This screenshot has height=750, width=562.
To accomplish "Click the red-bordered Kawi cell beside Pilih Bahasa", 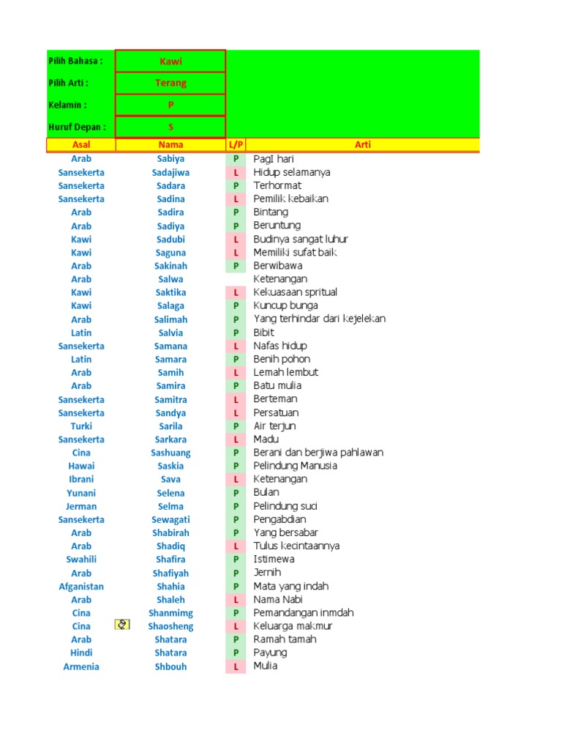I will click(x=171, y=62).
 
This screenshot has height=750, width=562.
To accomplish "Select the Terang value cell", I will click(x=171, y=83).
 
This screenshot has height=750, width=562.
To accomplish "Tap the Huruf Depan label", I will click(x=77, y=127).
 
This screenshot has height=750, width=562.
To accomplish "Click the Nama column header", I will click(x=171, y=145).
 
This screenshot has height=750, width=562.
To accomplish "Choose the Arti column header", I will click(x=363, y=145).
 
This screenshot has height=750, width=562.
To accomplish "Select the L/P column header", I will click(x=236, y=145).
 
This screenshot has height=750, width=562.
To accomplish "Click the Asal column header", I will click(x=81, y=145).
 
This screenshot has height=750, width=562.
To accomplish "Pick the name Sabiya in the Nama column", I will click(x=171, y=159).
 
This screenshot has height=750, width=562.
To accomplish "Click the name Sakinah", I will click(x=171, y=266).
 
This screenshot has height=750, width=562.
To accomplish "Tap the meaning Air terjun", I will click(x=274, y=426).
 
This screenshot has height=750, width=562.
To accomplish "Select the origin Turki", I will click(x=81, y=426).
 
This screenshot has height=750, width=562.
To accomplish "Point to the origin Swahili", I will click(x=81, y=560).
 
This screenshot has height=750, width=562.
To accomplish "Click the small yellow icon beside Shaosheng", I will click(x=123, y=625).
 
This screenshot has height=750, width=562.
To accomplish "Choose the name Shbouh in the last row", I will click(x=171, y=667).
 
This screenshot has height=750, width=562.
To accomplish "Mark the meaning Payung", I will click(x=270, y=653).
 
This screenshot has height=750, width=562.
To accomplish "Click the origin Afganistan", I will click(x=81, y=587).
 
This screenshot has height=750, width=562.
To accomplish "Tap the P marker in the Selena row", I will click(x=236, y=493).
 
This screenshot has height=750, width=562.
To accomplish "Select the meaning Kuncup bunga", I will click(x=285, y=306).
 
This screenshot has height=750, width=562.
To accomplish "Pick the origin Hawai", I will click(x=81, y=466).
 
